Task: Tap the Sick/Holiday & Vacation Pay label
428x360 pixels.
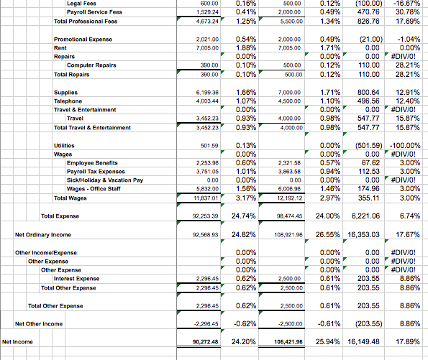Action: pyautogui.click(x=105, y=180)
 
